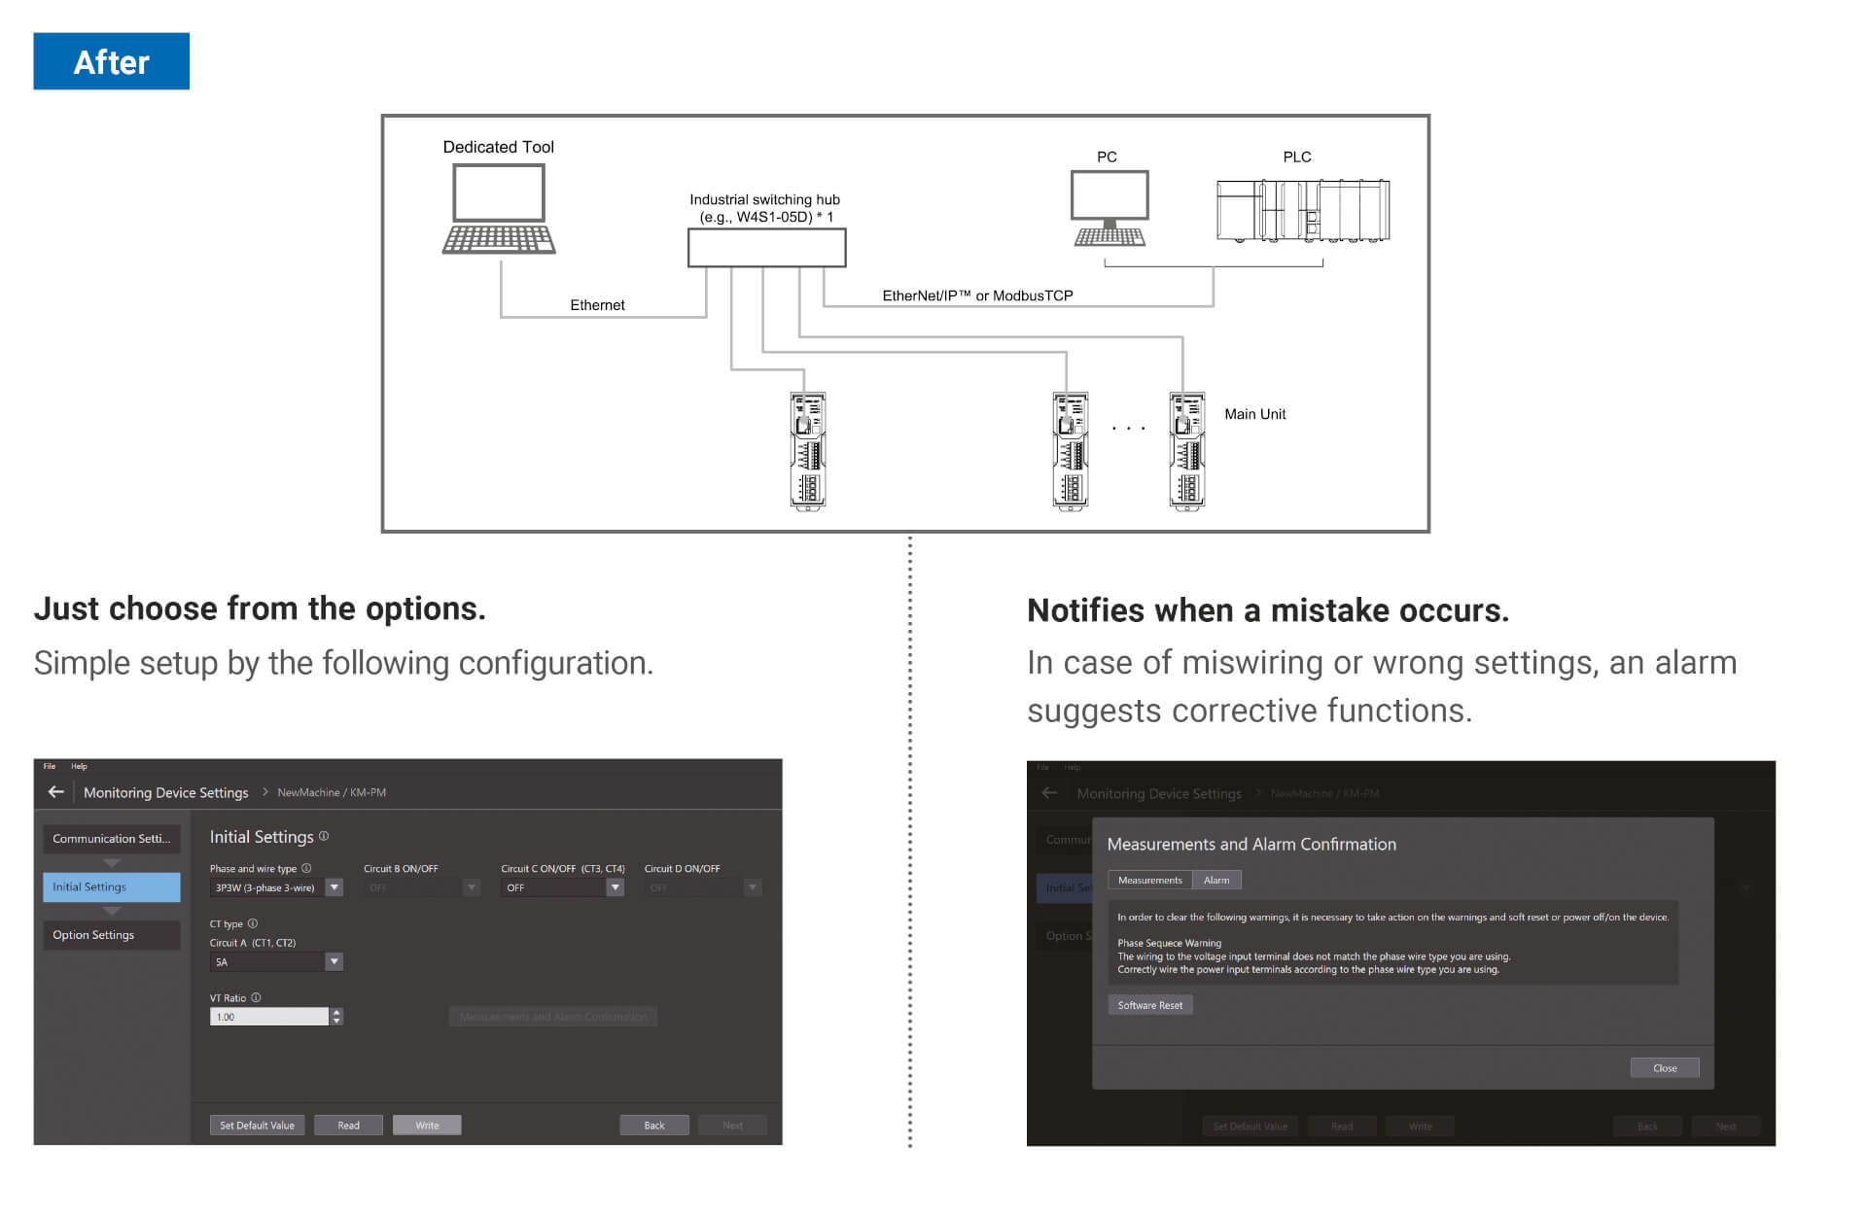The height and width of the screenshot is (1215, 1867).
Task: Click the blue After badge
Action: point(111,61)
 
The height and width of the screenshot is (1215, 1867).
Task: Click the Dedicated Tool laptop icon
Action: point(499,209)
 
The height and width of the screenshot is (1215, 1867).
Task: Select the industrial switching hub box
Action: point(766,248)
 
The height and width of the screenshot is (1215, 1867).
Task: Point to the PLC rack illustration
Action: point(1303,210)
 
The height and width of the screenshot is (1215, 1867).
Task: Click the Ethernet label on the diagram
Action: point(597,305)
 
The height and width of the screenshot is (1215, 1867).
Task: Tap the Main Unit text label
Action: point(1254,414)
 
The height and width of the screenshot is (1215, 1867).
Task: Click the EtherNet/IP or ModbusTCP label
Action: point(977,295)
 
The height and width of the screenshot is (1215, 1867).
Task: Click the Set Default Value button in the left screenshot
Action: point(257,1126)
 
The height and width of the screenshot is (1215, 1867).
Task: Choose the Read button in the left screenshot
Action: point(348,1126)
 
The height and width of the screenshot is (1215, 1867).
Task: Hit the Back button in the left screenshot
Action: point(654,1126)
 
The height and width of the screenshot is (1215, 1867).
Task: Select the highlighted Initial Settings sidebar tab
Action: point(111,886)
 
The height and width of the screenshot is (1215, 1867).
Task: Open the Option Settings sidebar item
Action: point(111,935)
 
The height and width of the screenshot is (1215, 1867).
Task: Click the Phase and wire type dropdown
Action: point(276,887)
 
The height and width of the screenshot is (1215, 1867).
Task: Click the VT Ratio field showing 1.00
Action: point(269,1017)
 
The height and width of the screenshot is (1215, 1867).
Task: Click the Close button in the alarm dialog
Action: point(1664,1068)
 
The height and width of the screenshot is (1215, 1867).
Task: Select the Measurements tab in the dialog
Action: point(1149,881)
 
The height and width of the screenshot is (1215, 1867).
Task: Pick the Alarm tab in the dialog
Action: point(1216,881)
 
